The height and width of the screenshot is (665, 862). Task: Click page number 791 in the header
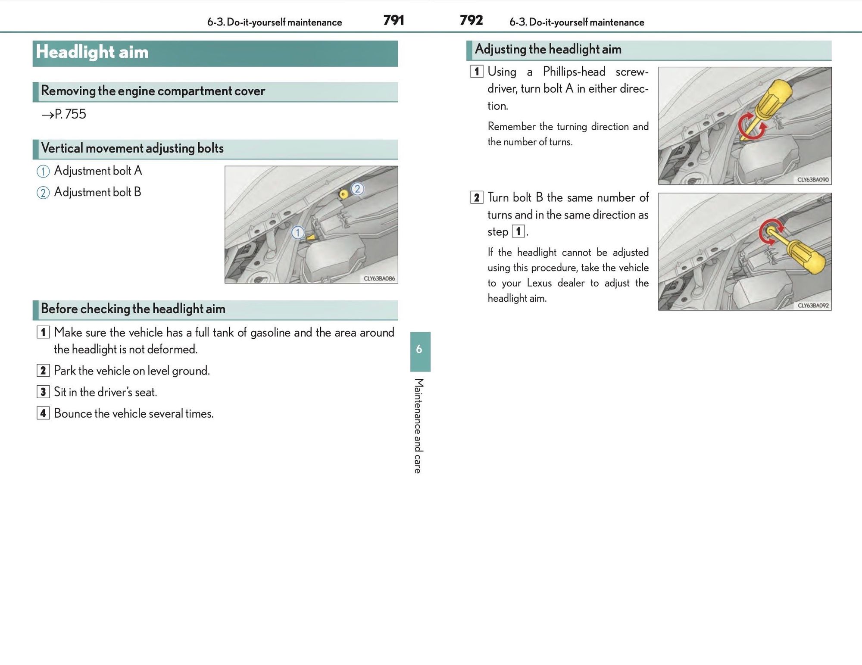click(394, 20)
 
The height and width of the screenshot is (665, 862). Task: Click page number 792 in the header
click(471, 20)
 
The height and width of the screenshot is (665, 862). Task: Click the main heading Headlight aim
click(92, 52)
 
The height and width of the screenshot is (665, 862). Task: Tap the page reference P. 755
click(64, 114)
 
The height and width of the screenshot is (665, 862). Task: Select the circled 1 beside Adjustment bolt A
click(43, 171)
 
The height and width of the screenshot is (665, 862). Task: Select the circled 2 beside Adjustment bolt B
click(43, 193)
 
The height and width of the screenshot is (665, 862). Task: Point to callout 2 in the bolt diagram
click(357, 189)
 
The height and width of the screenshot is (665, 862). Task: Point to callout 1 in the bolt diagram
click(297, 233)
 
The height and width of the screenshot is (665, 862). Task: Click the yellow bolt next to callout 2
click(344, 194)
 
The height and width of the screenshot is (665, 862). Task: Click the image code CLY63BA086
click(379, 278)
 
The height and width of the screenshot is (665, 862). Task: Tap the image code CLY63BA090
click(812, 180)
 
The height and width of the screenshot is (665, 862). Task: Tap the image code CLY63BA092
click(813, 306)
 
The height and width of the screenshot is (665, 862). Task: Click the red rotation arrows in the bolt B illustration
click(771, 231)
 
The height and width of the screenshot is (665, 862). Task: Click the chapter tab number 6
click(419, 349)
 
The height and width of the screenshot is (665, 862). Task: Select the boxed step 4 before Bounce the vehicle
click(43, 414)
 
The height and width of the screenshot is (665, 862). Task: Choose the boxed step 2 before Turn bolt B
click(476, 198)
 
